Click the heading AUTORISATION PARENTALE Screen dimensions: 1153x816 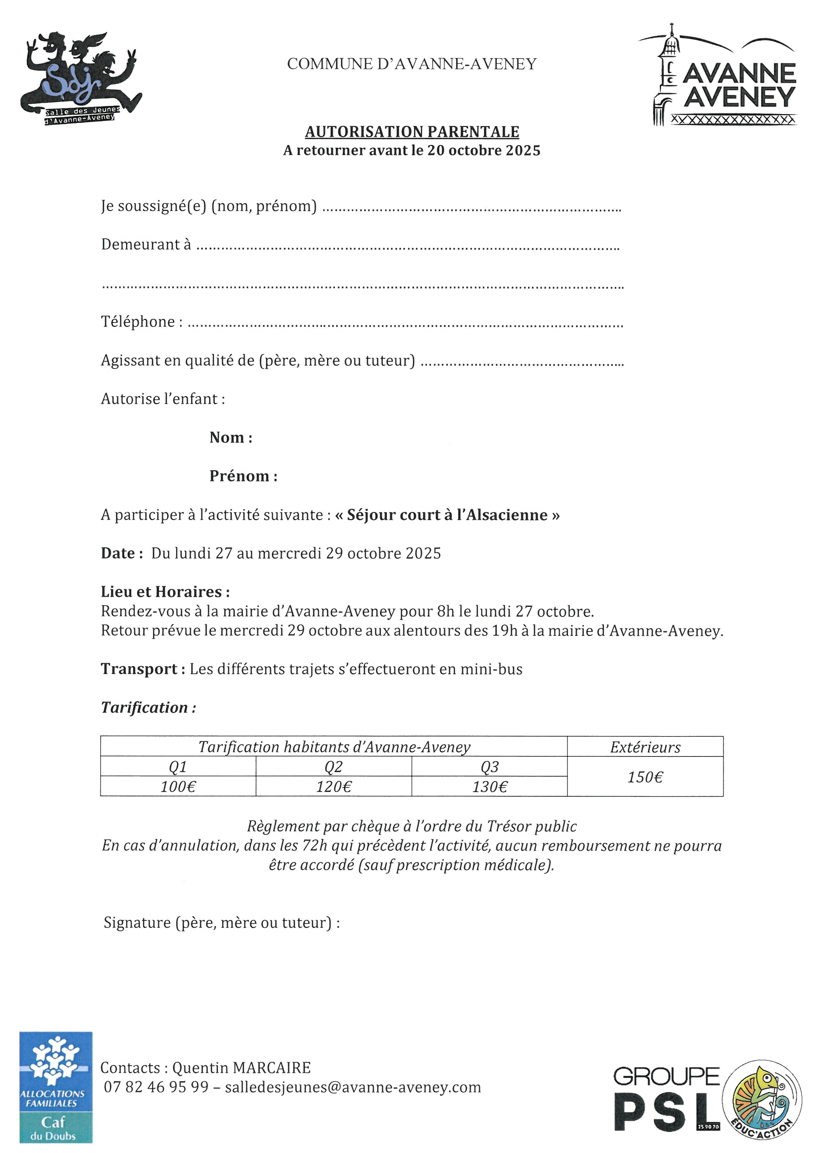[x=412, y=132]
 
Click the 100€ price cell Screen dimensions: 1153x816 [x=178, y=786]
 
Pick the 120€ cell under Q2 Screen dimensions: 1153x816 [x=334, y=786]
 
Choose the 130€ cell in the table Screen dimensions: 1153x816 [x=489, y=786]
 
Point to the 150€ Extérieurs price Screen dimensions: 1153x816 [x=645, y=777]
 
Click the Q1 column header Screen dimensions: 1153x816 [x=178, y=767]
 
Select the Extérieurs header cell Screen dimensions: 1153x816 [x=645, y=747]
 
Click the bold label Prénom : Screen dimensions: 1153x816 [x=243, y=476]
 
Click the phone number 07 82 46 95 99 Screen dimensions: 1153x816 [x=156, y=1087]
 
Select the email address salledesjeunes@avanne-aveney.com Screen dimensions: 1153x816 [x=353, y=1087]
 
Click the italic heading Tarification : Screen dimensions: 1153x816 [x=148, y=708]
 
